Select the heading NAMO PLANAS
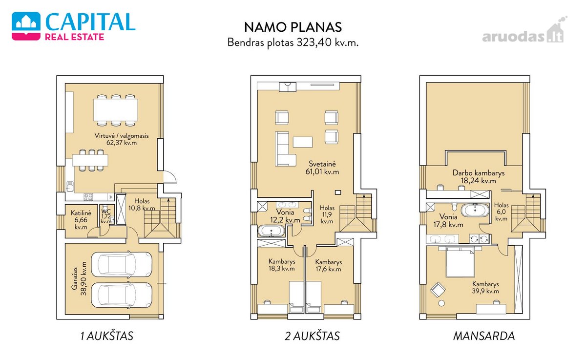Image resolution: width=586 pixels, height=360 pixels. pos(293,27)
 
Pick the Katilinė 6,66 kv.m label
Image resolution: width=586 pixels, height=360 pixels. pos(81,220)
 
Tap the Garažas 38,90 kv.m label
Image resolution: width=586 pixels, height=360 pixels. pos(79,278)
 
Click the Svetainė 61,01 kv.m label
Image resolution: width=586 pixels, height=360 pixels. pos(322,168)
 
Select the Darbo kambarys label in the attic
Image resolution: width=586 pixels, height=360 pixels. pos(479,173)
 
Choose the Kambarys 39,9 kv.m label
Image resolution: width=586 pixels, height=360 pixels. pos(485,288)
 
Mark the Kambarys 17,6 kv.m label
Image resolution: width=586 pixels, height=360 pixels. pos(328,266)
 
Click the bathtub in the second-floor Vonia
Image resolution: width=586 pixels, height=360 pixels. pos(271,231)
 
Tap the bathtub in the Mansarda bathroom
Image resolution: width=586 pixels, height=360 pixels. pos(475,211)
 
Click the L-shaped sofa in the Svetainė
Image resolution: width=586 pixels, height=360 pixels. pos(285,149)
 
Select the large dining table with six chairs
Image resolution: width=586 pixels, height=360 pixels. pos(116,110)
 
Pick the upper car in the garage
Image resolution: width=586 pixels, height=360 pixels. pos(122,265)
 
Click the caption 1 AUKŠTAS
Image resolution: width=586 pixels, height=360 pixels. pos(107,336)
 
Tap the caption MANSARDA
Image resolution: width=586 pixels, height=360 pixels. pos(484,336)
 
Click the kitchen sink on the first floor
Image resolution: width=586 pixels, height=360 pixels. pos(70,187)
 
